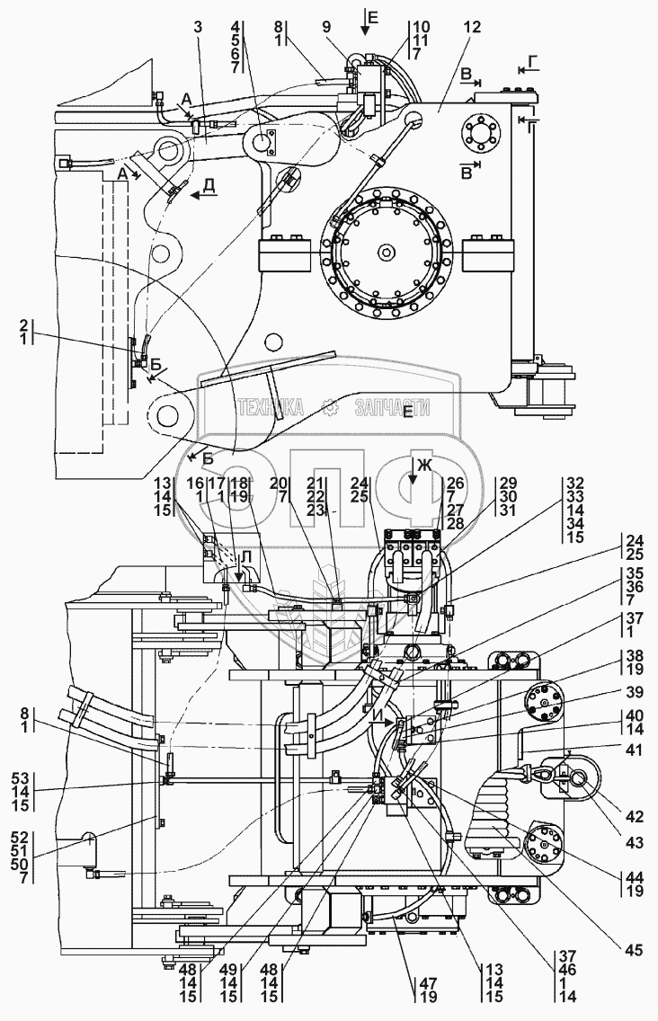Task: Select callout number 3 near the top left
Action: (198, 27)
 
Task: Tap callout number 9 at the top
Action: (325, 27)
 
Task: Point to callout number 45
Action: (634, 951)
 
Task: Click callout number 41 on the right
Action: (634, 750)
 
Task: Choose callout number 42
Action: (634, 817)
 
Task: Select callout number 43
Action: (634, 843)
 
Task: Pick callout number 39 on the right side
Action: (634, 691)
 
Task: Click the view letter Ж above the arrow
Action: (425, 465)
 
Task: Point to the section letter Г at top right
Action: (533, 63)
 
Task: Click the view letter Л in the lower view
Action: (245, 557)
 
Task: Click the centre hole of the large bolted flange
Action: (387, 252)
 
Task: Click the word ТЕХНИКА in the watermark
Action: (271, 408)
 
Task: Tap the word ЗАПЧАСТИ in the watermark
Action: (392, 408)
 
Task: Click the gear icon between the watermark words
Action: (330, 409)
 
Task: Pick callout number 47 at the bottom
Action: (427, 983)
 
